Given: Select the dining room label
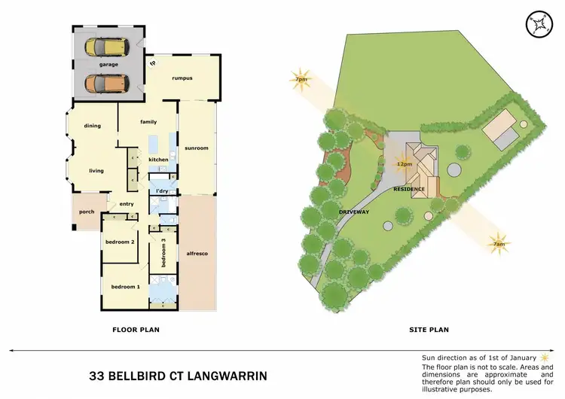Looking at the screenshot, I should tap(92, 126).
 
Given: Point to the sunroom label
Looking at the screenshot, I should tap(196, 148).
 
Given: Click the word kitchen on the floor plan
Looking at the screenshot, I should tap(158, 160).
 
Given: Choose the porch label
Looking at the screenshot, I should tap(87, 212).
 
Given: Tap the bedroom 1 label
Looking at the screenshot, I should tap(125, 287).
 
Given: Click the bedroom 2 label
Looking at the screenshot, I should tap(121, 242).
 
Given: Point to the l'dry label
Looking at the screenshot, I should tap(160, 191).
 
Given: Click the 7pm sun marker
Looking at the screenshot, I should tap(301, 79).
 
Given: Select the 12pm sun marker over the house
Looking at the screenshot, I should tap(404, 163).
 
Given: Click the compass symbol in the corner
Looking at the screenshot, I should tap(539, 24).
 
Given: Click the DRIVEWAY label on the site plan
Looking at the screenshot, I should tap(353, 212).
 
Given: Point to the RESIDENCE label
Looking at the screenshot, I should tap(410, 189).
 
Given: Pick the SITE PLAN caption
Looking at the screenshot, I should tap(428, 329).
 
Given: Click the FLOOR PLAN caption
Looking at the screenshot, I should tap(136, 329).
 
